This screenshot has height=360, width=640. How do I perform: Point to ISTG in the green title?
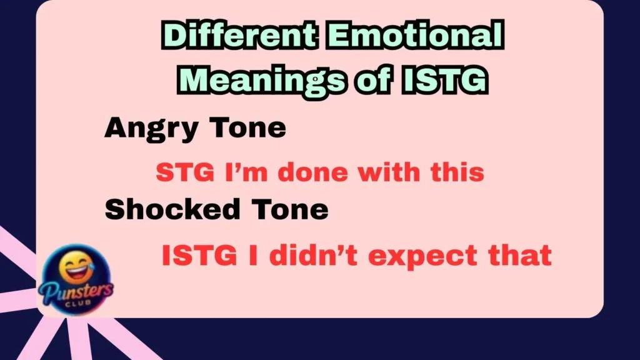[x=442, y=81]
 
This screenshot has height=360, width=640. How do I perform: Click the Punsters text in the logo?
[x=74, y=290]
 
